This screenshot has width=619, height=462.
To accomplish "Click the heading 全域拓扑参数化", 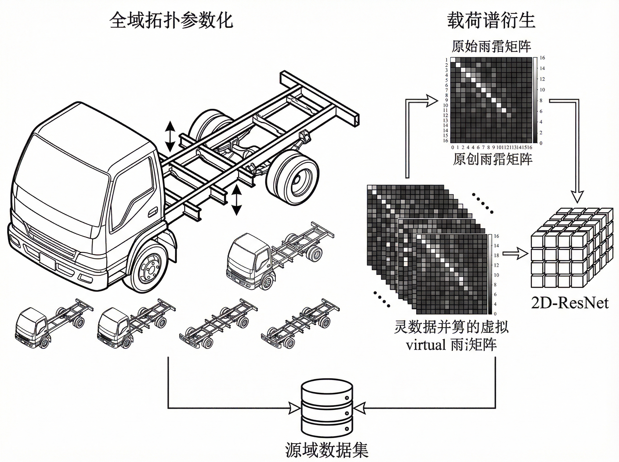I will [x=171, y=20].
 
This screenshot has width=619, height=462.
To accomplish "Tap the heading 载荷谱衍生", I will [x=491, y=20].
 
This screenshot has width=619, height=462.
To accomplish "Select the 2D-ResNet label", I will [x=570, y=303].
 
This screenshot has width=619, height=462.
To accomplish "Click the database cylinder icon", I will [x=327, y=408].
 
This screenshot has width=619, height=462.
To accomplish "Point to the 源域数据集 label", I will [x=327, y=449].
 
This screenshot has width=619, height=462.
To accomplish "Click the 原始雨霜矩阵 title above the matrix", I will [x=491, y=46].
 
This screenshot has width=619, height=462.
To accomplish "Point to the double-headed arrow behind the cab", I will [x=170, y=136].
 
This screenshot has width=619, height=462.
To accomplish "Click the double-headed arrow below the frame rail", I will [x=237, y=200].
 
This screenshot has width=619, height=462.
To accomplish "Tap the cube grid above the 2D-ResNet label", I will [x=571, y=247].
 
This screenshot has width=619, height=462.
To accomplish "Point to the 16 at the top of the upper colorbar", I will [x=542, y=58].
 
